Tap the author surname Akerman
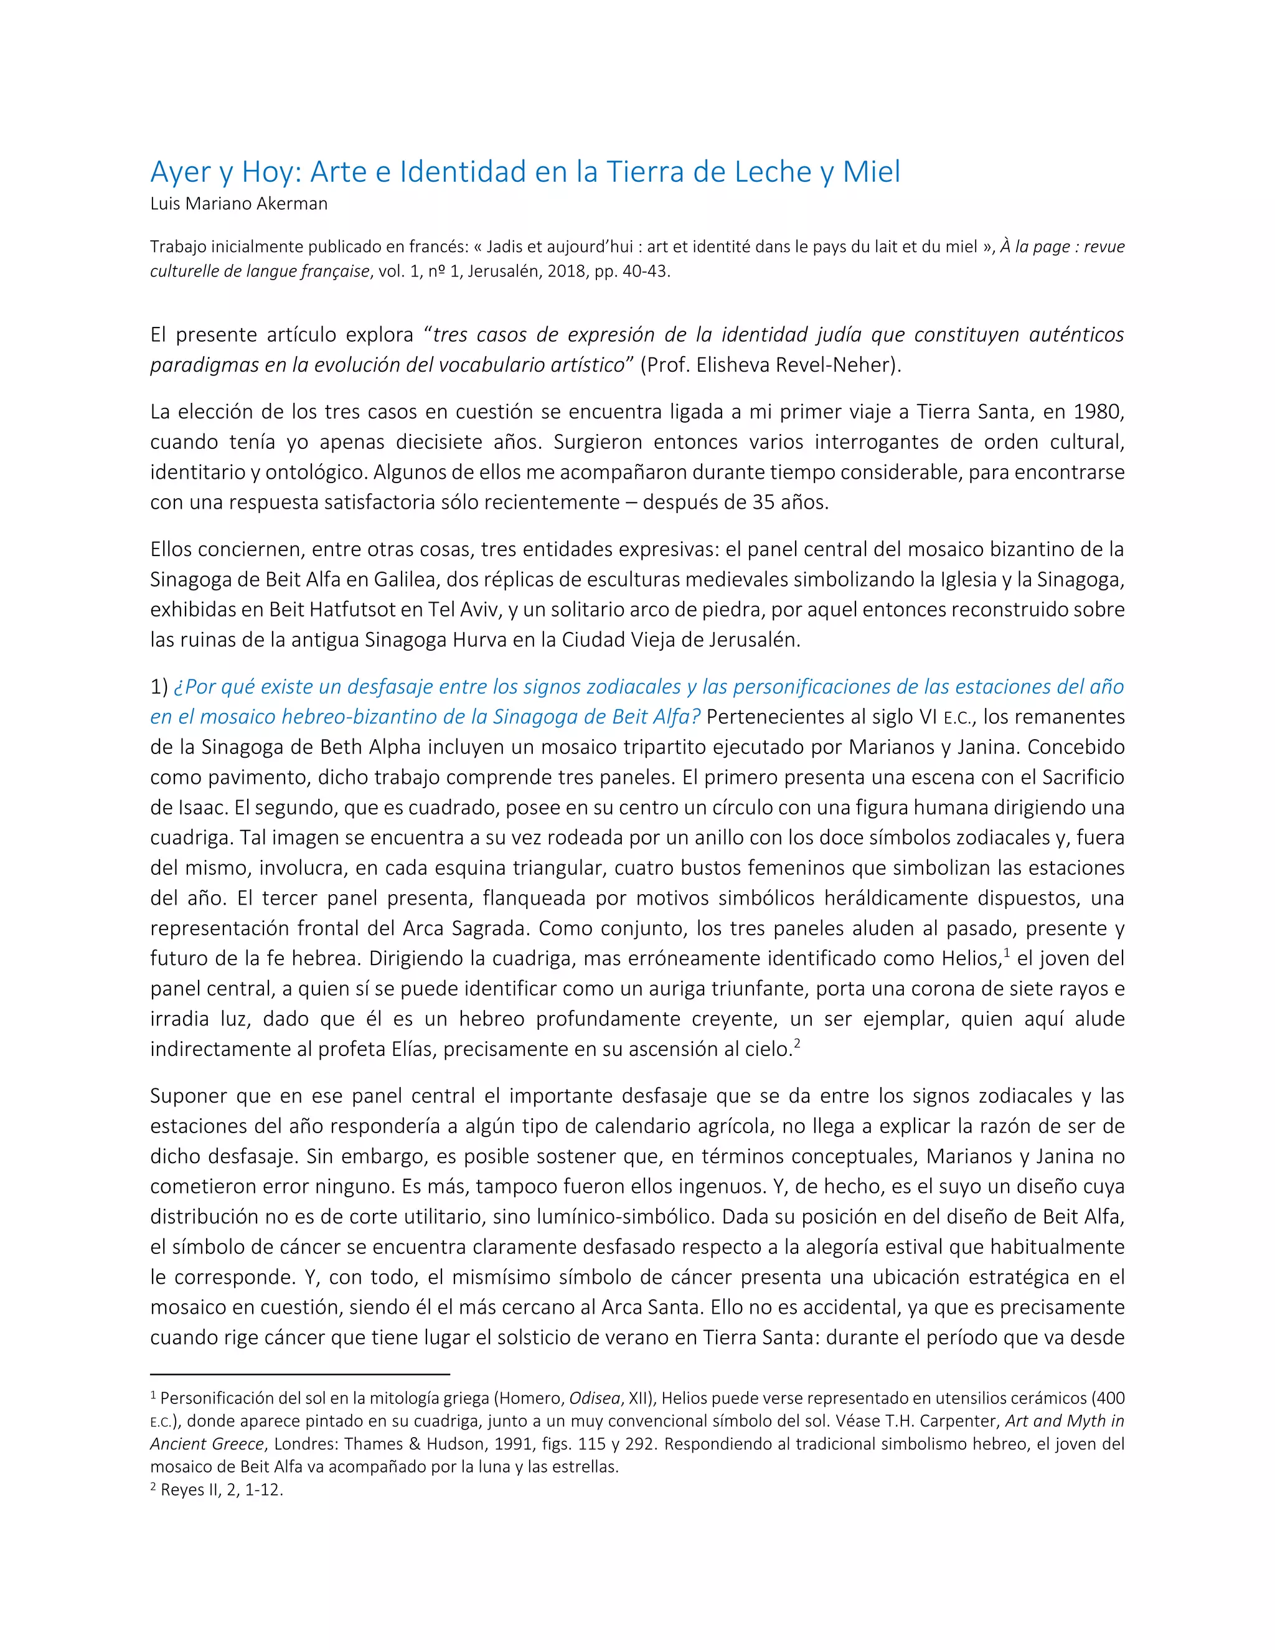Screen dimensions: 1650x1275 tap(296, 204)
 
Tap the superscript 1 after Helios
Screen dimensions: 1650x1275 tap(1008, 953)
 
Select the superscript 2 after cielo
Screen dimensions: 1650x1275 tap(797, 1044)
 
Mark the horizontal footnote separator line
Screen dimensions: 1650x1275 tap(300, 1374)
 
